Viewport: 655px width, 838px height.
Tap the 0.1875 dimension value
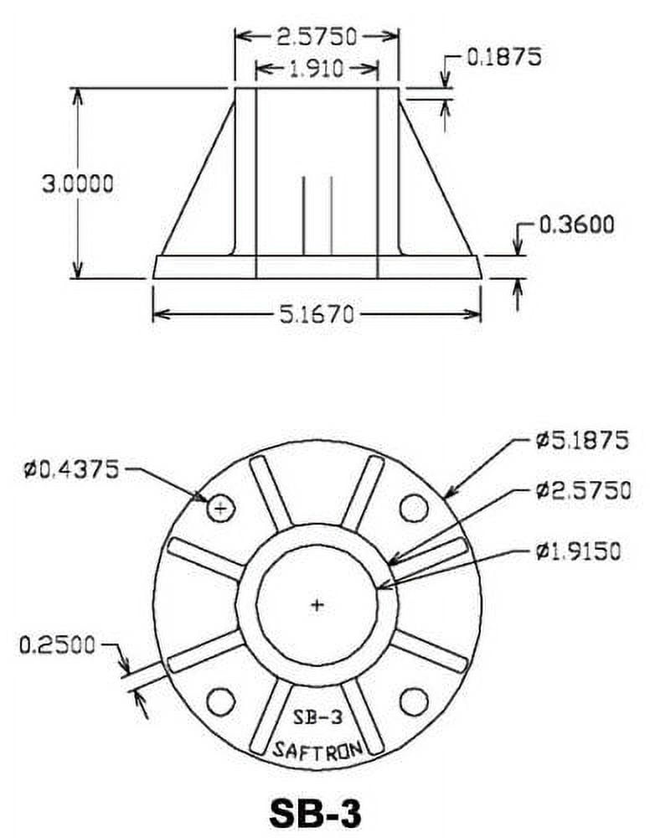[x=503, y=57]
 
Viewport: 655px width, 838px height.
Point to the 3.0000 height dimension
[x=77, y=184]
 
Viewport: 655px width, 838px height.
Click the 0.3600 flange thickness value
[x=576, y=225]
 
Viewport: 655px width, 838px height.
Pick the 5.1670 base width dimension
[x=317, y=314]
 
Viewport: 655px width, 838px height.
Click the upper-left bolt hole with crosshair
[x=220, y=507]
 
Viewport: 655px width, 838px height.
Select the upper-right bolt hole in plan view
[x=413, y=507]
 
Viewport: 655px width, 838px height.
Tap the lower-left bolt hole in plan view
[x=220, y=701]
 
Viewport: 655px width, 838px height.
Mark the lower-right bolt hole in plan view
[x=413, y=701]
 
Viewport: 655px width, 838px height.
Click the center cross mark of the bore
[x=317, y=604]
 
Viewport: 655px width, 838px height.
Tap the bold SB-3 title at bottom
[x=317, y=810]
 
